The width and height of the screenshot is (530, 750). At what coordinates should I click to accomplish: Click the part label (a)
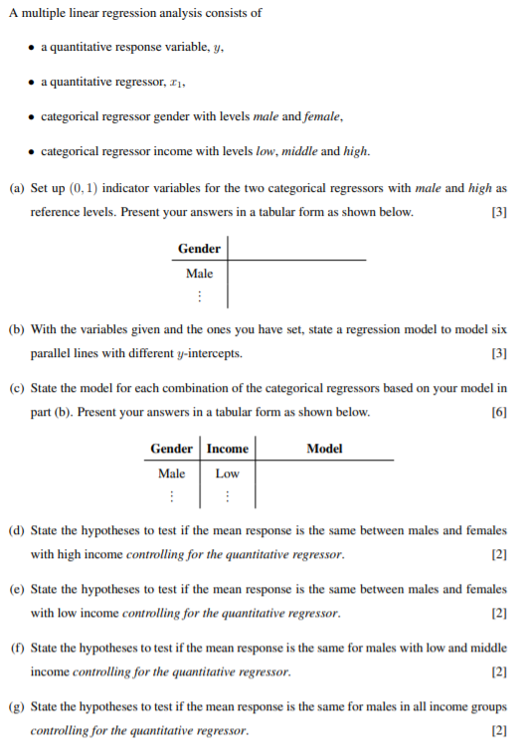17,188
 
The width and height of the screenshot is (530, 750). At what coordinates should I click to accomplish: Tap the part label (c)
17,388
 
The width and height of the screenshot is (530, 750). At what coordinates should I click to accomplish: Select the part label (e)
17,589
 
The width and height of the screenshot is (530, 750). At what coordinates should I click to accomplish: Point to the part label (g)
17,706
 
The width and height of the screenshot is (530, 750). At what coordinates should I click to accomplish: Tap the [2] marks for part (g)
500,731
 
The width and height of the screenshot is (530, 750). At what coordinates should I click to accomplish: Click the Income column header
228,449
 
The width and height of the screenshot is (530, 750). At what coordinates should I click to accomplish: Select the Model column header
325,449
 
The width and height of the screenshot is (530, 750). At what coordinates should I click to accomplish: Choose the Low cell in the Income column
228,473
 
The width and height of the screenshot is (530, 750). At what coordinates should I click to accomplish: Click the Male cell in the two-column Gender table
199,273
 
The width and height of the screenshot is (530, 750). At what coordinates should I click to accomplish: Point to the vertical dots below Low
228,495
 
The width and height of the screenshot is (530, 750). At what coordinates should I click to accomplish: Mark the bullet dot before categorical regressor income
32,151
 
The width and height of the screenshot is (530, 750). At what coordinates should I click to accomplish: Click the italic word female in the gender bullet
323,116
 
